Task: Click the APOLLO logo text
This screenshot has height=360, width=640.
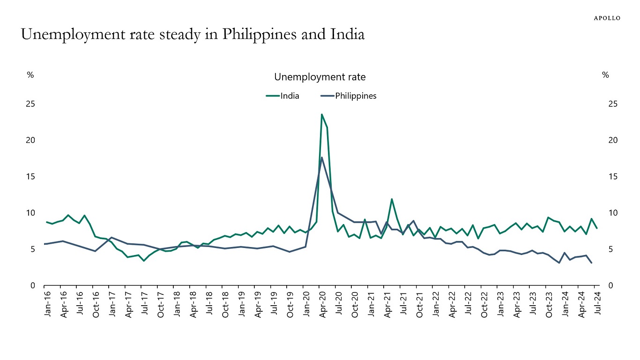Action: [607, 18]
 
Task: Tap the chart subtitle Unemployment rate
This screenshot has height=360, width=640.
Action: [320, 77]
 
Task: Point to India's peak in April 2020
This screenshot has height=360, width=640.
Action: [322, 114]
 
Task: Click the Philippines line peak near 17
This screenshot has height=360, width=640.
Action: [322, 157]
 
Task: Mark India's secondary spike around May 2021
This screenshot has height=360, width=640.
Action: [392, 199]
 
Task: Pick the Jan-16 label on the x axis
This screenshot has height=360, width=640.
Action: [48, 304]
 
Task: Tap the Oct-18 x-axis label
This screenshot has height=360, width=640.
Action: [225, 304]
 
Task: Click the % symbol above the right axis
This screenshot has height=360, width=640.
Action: [605, 75]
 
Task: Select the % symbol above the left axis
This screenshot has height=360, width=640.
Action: [30, 75]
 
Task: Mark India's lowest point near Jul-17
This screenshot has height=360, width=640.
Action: [144, 261]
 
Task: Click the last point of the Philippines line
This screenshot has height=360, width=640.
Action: [591, 263]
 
